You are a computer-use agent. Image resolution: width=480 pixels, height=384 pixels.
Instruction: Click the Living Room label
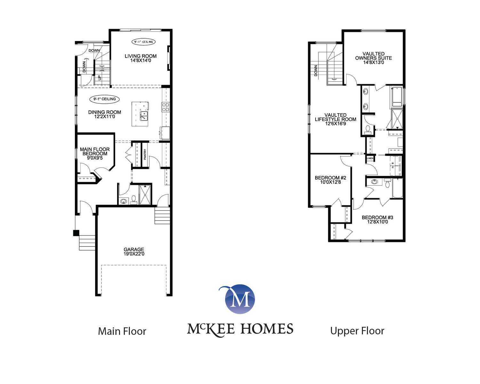tap(140, 58)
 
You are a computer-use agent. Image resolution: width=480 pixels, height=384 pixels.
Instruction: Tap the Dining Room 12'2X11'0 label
tap(105, 114)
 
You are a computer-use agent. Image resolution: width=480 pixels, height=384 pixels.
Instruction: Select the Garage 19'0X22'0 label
tap(134, 252)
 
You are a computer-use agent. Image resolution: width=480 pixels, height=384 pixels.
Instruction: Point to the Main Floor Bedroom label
tap(95, 154)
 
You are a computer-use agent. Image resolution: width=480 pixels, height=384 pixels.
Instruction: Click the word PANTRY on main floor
tap(145, 155)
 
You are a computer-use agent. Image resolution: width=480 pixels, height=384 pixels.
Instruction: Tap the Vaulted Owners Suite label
tap(373, 58)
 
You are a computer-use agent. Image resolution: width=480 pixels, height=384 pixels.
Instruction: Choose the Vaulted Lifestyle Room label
tap(335, 119)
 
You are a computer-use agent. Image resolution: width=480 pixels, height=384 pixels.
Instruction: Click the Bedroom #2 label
tap(330, 180)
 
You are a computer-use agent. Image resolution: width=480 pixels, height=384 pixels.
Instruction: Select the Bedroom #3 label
tap(377, 220)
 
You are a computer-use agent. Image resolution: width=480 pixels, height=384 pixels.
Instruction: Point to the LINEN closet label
tap(370, 158)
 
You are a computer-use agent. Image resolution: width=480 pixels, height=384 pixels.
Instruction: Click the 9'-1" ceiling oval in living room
tap(143, 42)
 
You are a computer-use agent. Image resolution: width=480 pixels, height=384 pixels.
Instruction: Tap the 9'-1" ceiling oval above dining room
tap(104, 99)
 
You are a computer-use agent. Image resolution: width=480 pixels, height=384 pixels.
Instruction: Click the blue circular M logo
tap(240, 299)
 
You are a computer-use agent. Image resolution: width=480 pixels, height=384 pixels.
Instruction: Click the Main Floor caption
tap(122, 331)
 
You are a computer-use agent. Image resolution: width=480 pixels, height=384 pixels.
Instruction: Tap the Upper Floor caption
tap(357, 331)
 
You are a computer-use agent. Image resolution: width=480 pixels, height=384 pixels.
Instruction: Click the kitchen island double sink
tap(144, 116)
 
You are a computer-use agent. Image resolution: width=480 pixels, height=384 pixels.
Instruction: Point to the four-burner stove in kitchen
tap(165, 107)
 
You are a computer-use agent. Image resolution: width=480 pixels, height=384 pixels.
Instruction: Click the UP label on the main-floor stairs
tap(100, 78)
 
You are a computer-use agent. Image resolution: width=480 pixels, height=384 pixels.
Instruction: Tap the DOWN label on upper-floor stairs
tap(316, 70)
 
